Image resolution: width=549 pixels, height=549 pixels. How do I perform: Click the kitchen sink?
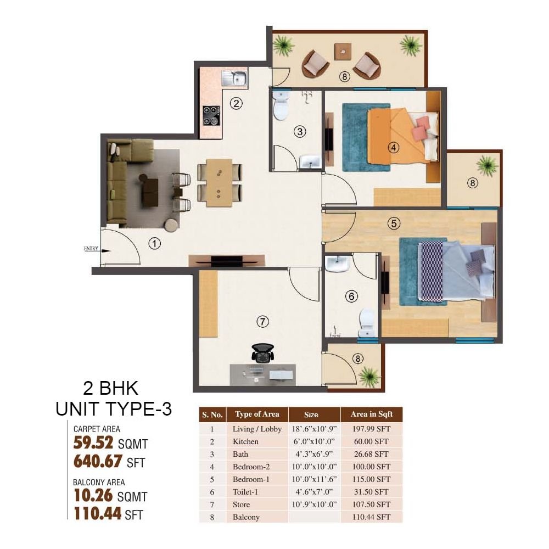coord(234,78)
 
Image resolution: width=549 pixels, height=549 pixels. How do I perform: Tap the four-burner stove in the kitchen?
coord(211,115)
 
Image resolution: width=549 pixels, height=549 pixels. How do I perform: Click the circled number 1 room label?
coord(154,243)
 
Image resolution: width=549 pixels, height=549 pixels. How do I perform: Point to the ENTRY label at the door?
coord(91,249)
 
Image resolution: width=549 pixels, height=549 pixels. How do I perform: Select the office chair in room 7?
coord(262,352)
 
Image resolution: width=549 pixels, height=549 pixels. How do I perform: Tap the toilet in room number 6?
coord(367,322)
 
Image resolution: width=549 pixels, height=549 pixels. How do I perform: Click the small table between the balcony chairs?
coord(343,52)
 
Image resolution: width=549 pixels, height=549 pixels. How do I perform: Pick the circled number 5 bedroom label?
coord(394,223)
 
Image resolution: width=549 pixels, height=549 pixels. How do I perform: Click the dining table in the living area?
coord(219,183)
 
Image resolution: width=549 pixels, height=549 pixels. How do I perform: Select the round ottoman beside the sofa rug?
coord(171,225)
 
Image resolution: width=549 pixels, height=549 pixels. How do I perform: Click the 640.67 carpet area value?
coord(98,461)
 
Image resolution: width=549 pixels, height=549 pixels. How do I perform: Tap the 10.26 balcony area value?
coord(93,495)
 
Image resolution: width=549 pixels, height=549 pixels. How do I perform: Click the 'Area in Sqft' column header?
coord(372,414)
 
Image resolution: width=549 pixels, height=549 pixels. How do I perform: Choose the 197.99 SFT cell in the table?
coord(371,429)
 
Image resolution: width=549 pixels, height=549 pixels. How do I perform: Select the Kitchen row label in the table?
coord(245,441)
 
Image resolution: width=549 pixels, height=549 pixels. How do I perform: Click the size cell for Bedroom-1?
coord(314,479)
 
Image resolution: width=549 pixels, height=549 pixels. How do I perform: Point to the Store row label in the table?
coord(241,505)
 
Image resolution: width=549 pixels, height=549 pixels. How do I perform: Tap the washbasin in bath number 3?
coord(310,161)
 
